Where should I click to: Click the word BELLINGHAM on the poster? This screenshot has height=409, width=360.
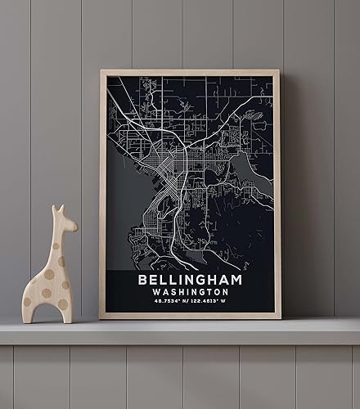[189, 280]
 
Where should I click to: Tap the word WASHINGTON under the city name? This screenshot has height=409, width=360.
[189, 292]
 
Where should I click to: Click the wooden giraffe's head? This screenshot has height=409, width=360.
[65, 219]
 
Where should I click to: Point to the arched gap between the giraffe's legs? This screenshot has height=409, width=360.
[47, 311]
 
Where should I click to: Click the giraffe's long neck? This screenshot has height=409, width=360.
[59, 245]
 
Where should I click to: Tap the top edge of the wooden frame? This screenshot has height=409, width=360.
[190, 73]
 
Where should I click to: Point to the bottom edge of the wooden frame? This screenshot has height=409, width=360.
[190, 315]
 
